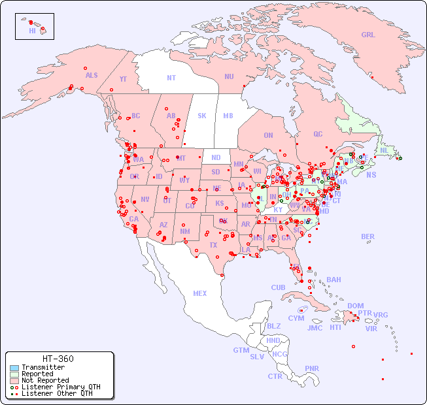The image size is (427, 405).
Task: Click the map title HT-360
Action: (x=58, y=359)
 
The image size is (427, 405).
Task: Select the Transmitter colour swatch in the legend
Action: (x=14, y=368)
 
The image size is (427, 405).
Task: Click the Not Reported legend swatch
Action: (x=14, y=380)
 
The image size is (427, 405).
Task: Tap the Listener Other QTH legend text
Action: (x=56, y=393)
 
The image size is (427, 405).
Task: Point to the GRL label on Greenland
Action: (x=368, y=35)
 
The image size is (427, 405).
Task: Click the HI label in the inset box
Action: (x=33, y=31)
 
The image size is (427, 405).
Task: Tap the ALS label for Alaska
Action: (x=92, y=75)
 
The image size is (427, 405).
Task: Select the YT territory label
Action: (x=123, y=79)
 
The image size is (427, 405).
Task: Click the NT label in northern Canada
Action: (x=171, y=77)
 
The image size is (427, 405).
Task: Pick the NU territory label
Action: (x=229, y=76)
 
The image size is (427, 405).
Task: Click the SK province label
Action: (x=202, y=116)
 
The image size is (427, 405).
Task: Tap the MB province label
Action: (x=228, y=116)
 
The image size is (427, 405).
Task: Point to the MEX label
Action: (x=200, y=293)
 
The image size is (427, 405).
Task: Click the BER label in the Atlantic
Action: (x=368, y=236)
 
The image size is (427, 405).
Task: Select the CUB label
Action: (x=278, y=287)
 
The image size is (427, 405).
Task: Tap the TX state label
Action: (x=213, y=245)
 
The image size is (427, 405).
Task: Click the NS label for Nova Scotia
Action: (x=371, y=174)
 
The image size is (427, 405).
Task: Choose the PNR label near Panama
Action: (x=312, y=368)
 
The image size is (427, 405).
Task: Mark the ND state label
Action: (x=216, y=157)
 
